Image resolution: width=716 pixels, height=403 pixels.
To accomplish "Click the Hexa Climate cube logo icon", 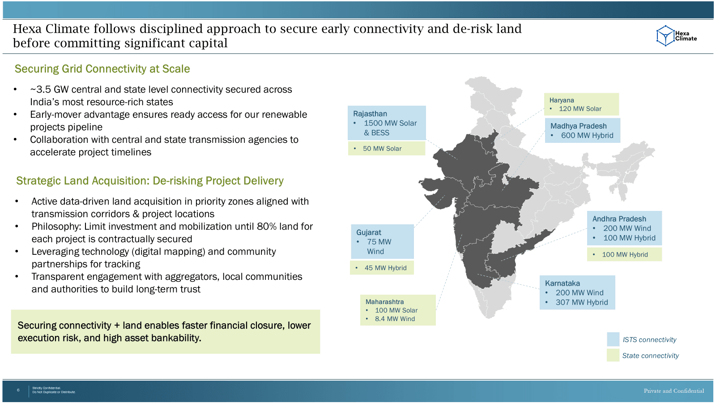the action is (665, 36).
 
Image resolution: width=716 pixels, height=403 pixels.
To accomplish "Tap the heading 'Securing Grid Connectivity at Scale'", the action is (102, 69).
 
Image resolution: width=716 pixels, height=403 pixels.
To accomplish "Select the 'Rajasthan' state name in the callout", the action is (370, 114).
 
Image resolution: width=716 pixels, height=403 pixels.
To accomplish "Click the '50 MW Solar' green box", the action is (387, 148).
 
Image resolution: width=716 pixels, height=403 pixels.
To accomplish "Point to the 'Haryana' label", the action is (562, 100).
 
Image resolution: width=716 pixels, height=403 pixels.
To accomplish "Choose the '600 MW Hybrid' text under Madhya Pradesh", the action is (587, 135).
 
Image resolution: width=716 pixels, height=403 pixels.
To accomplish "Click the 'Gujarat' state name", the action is (369, 232).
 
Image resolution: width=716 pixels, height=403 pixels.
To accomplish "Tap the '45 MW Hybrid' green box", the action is (382, 268).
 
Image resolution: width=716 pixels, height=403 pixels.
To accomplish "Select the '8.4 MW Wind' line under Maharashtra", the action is (395, 319).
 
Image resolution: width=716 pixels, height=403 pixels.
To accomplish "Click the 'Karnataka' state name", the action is (562, 283).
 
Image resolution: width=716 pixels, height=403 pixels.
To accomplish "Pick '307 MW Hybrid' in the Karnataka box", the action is (582, 302).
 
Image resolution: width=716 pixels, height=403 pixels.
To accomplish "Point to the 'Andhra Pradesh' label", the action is (619, 219).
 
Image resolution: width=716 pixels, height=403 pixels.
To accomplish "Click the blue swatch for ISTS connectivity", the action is (613, 339).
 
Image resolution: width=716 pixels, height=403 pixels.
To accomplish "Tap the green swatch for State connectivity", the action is (613, 356).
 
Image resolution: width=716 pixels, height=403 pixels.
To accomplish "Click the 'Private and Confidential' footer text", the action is (674, 391).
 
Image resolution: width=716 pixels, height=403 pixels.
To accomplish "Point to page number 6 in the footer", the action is (18, 390).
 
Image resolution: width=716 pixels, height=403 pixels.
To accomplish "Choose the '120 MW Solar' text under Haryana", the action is (580, 109).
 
